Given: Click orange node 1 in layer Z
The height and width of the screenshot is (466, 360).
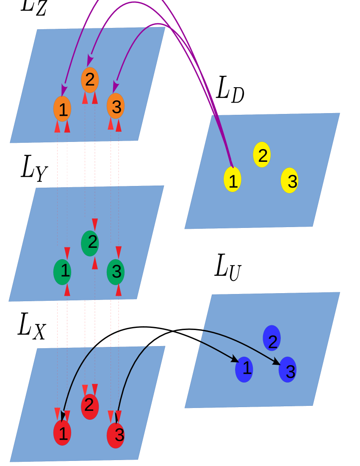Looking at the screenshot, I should point(62,109).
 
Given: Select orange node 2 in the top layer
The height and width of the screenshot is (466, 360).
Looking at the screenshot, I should point(90,80).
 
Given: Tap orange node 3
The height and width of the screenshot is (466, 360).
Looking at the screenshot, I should point(116,106).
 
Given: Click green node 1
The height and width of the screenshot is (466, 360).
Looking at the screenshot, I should point(62,272).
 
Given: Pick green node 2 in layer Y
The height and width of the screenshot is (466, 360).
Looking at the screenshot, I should point(90,243).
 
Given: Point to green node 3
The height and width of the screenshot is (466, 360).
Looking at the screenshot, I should point(116,272).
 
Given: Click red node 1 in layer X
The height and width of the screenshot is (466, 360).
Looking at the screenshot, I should point(62,433).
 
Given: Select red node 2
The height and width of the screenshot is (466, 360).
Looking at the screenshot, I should point(90,406).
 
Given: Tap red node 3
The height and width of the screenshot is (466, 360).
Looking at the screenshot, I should point(116,435).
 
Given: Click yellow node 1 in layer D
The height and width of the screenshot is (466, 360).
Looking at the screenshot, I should point(233,180).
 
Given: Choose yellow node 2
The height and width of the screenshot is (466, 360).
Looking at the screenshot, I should point(262,155).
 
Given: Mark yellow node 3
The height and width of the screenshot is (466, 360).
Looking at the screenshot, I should point(290,180).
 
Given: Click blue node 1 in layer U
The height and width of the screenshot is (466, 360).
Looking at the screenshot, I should point(244,369).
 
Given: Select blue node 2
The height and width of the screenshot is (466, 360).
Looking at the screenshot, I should point(272,338).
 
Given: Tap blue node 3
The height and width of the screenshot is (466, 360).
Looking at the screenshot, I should point(288,370).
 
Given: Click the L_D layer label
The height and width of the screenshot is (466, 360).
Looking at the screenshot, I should point(230,89).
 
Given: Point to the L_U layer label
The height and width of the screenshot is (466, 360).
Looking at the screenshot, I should point(228,267).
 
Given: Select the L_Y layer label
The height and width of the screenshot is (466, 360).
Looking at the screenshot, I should point(34,168).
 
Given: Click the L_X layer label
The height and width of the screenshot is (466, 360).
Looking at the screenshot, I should point(32,326).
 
